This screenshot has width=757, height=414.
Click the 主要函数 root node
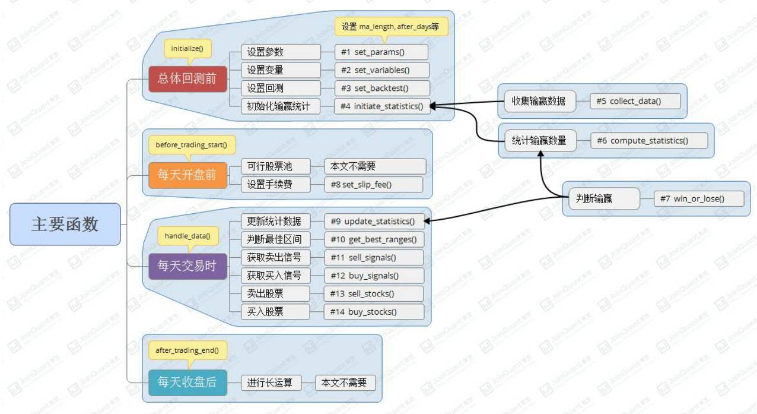65,225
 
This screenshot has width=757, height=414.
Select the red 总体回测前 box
187,78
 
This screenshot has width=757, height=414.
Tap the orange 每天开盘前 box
187,175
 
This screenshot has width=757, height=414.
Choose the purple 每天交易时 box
187,266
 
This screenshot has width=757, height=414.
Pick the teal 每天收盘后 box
187,382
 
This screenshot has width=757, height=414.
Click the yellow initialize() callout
187,49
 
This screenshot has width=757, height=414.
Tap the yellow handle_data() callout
187,236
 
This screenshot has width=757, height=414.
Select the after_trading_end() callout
187,350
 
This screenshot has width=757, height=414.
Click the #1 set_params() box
381,52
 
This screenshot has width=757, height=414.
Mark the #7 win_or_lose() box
698,198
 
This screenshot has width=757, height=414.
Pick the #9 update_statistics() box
374,221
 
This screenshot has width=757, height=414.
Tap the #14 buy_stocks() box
374,311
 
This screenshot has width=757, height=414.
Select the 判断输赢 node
602,198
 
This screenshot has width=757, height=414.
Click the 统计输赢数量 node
540,141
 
